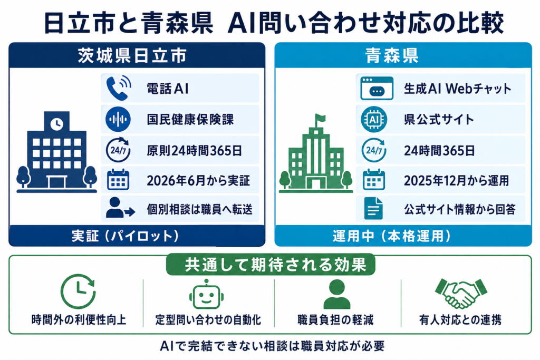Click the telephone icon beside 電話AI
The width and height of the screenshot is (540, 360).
tap(119, 88)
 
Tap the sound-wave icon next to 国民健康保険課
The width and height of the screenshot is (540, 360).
tap(118, 120)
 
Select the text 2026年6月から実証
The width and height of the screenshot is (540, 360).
tap(198, 181)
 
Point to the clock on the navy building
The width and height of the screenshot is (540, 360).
tap(57, 123)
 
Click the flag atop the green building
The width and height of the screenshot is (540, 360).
tap(320, 119)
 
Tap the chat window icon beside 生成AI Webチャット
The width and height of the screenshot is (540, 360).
tap(377, 88)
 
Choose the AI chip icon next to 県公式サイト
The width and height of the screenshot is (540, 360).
tap(374, 120)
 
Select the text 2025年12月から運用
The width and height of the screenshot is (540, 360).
tap(456, 181)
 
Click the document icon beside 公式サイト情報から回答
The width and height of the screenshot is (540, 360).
tap(374, 208)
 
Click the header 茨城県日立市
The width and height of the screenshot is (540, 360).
tap(132, 55)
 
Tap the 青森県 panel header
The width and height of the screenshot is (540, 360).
tap(392, 55)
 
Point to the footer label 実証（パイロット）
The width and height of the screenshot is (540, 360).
tap(126, 236)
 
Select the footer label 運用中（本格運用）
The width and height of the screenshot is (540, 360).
tap(392, 236)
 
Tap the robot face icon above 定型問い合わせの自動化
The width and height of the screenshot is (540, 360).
tap(206, 295)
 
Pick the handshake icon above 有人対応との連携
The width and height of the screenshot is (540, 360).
tap(461, 293)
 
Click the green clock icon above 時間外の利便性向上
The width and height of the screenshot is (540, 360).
tap(78, 291)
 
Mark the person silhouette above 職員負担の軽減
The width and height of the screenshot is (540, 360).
tap(337, 294)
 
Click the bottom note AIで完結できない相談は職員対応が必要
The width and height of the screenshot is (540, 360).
tap(272, 346)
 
